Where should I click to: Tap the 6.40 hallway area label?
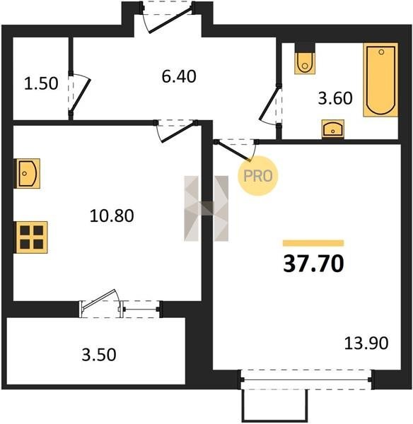pos(179,76)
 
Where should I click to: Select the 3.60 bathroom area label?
pos(335,98)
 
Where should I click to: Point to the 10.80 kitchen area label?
pos(112,216)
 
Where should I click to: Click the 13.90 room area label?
pos(366,343)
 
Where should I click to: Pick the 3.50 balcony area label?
pos(99,355)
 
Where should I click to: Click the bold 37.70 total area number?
pos(313,264)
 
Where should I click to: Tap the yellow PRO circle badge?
pos(258,176)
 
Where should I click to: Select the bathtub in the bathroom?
pos(380,80)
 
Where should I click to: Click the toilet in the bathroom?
pos(305,61)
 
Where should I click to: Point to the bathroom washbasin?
pos(333,129)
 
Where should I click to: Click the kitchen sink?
pos(27,173)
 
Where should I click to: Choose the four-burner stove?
pos(31,237)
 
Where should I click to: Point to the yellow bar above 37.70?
pos(313,243)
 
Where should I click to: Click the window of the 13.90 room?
pos(307,379)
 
